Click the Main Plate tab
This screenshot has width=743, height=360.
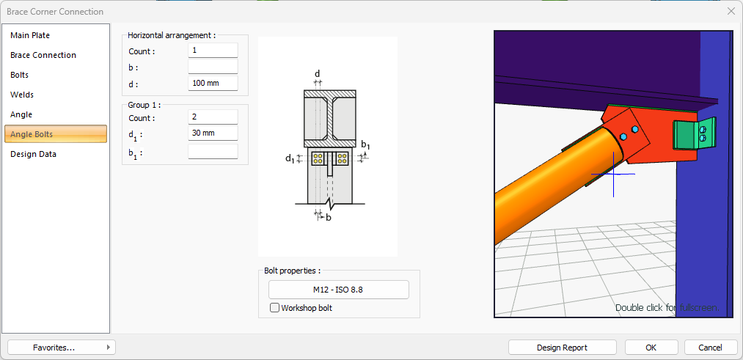[x=30, y=35]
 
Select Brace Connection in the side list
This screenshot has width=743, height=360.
[x=43, y=55]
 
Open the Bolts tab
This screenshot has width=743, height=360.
[x=20, y=75]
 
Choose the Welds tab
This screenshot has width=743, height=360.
[x=22, y=95]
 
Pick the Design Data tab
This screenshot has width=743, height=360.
[x=33, y=154]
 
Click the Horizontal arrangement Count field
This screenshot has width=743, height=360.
[x=213, y=51]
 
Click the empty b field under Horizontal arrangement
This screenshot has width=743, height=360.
[x=213, y=67]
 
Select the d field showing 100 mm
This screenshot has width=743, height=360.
[x=213, y=83]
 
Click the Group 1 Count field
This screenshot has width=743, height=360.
[x=213, y=117]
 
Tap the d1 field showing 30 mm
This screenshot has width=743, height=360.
[x=213, y=133]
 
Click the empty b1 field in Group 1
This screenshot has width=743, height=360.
[x=213, y=151]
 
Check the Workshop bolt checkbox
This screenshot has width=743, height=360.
[x=275, y=308]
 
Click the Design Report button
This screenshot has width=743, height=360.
[x=562, y=347]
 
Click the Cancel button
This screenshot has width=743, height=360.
[x=710, y=347]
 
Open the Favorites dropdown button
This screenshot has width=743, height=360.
[x=61, y=347]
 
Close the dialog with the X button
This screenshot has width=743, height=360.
[x=731, y=11]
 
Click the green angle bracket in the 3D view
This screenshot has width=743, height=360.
[x=687, y=135]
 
